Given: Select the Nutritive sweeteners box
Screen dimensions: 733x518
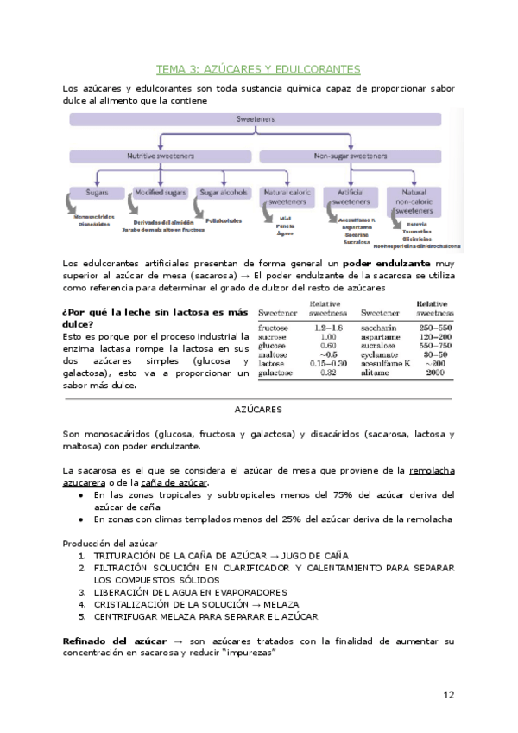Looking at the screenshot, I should (x=161, y=156).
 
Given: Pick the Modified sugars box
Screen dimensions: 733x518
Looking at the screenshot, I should (x=161, y=193).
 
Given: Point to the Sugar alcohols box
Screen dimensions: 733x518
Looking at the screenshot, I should (x=224, y=193).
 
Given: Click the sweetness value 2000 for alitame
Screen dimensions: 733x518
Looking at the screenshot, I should (x=434, y=373).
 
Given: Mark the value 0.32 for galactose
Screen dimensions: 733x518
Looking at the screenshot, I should (x=326, y=373).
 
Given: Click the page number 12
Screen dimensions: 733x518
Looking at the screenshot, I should (x=448, y=694).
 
